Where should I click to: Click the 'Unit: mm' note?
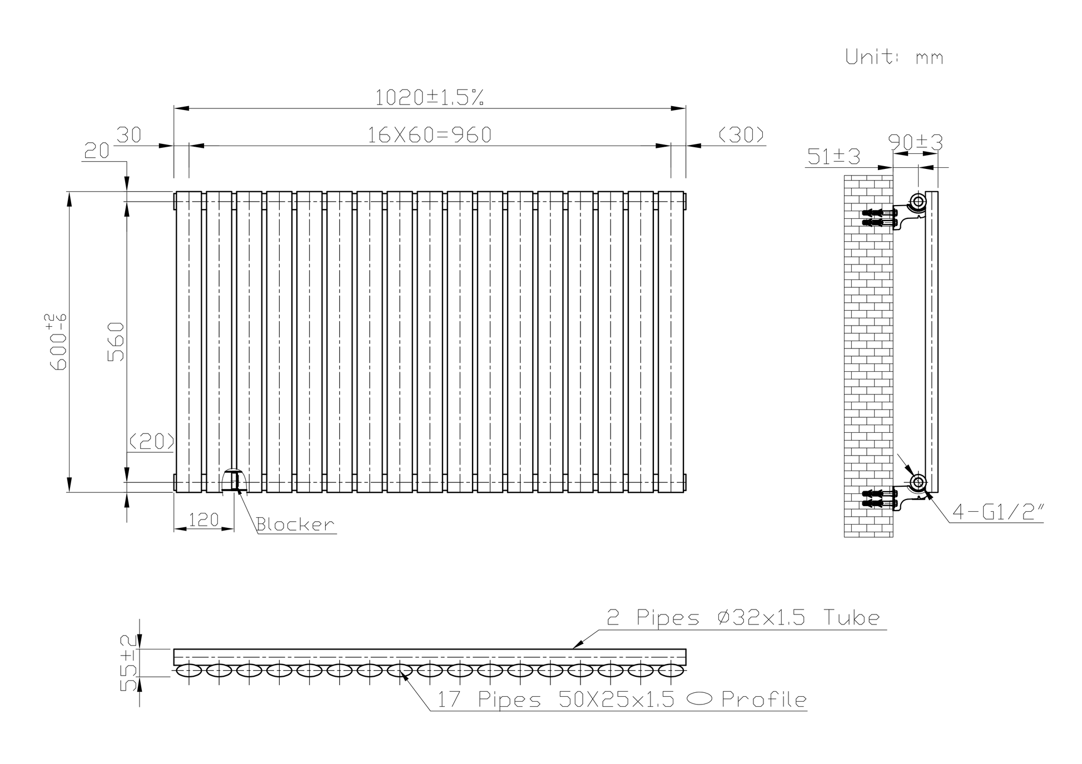point(894,57)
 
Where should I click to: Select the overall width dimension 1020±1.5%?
point(429,98)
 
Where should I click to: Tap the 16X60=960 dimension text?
point(429,135)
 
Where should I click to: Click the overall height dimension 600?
point(58,341)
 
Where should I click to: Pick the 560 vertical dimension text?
point(116,341)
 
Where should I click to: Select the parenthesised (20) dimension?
point(151,442)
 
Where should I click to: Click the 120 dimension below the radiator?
point(204,521)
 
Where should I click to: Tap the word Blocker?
point(295,525)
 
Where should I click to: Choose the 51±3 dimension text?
point(833,157)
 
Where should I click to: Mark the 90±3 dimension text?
point(916,143)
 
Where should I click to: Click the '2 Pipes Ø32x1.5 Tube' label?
point(743,618)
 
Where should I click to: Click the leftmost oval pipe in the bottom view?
point(189,671)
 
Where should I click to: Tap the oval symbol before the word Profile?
point(699,700)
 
